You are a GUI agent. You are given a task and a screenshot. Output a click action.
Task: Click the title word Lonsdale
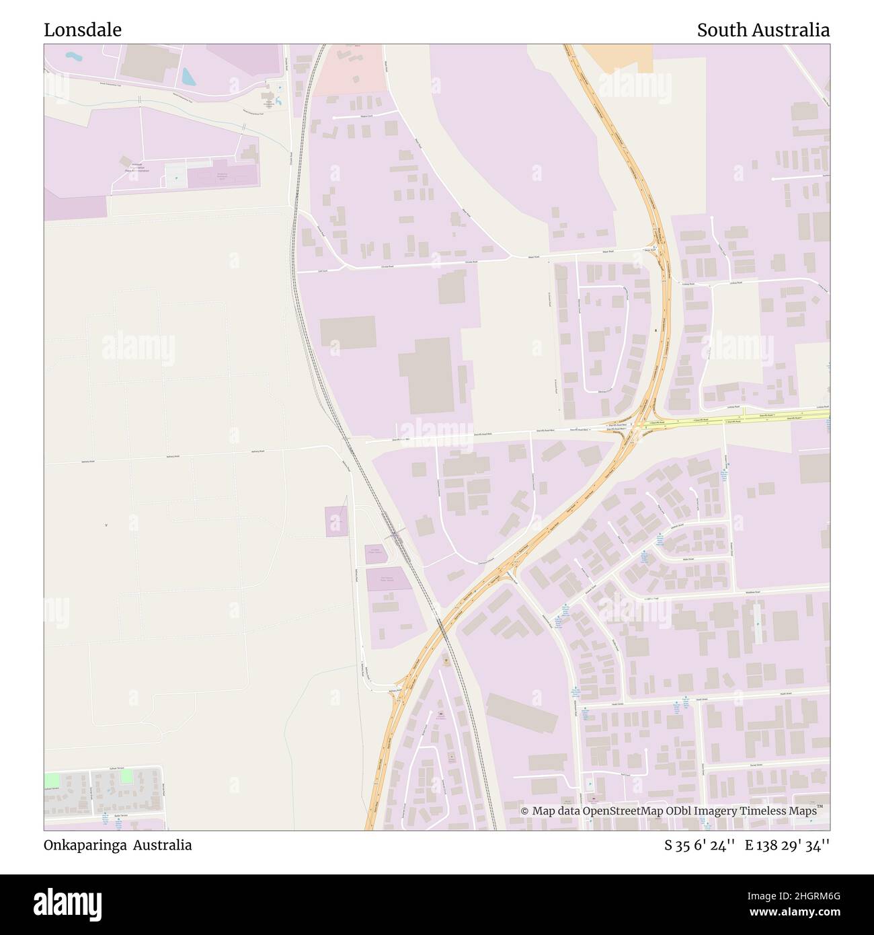click(x=83, y=30)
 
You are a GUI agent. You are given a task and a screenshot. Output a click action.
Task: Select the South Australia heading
click(x=762, y=30)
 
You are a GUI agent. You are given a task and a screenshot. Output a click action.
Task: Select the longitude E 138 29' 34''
click(x=787, y=845)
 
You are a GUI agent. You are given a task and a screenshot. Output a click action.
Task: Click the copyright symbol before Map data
click(x=525, y=811)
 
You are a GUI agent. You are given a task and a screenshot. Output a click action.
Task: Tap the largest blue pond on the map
click(x=189, y=76)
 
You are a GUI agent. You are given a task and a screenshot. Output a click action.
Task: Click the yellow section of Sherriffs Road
click(x=740, y=419)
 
